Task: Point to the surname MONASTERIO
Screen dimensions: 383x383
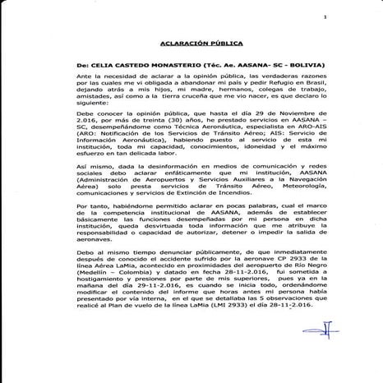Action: tap(176, 64)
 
